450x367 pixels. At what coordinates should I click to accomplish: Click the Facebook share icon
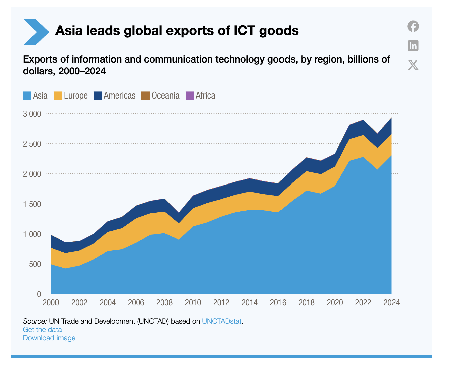point(413,26)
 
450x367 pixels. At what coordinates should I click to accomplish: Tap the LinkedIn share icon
point(413,45)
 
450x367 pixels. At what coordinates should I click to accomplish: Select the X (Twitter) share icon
point(413,65)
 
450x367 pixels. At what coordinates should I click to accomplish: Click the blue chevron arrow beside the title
point(36,32)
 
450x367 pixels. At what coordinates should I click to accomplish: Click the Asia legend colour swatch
point(27,96)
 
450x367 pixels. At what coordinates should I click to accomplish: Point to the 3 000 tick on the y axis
point(32,114)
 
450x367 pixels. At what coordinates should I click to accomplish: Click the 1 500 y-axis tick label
point(32,204)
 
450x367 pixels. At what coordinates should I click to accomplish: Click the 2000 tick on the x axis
point(51,303)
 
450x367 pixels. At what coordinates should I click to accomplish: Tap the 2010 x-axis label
point(193,303)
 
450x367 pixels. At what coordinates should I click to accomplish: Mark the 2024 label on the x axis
point(391,303)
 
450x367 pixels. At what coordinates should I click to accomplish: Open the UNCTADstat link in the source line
point(222,321)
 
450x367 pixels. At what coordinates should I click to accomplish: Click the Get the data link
point(42,330)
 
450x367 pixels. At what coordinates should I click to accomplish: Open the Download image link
point(49,338)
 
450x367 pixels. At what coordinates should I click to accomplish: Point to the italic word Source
point(35,321)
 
